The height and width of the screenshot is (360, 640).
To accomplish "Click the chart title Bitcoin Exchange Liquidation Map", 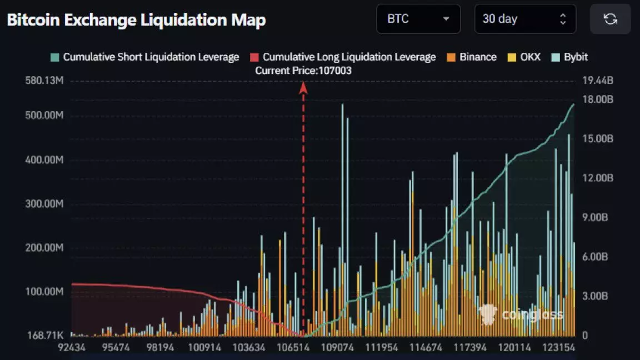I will point(136,21).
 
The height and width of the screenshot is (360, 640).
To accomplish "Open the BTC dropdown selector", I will point(418,19).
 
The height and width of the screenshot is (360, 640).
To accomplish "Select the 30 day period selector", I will point(524,19).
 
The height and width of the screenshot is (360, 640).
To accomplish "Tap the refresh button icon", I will point(610,19).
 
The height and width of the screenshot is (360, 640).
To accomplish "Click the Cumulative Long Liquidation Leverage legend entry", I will point(343,57).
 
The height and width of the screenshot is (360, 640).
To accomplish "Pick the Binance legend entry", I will point(472,57).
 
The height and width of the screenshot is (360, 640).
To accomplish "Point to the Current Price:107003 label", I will point(303,71).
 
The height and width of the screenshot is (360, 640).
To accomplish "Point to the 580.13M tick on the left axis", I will point(44,81).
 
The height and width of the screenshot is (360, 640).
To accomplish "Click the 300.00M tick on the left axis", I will point(44,204).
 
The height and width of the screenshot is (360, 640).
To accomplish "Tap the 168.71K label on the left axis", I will point(44,336).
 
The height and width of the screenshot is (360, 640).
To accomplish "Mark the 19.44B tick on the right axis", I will point(598,81).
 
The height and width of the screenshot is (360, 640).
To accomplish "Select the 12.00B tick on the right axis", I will point(598,178).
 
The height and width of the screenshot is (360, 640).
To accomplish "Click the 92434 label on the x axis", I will point(72,347).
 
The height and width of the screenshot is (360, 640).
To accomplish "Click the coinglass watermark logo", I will point(521,315).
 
